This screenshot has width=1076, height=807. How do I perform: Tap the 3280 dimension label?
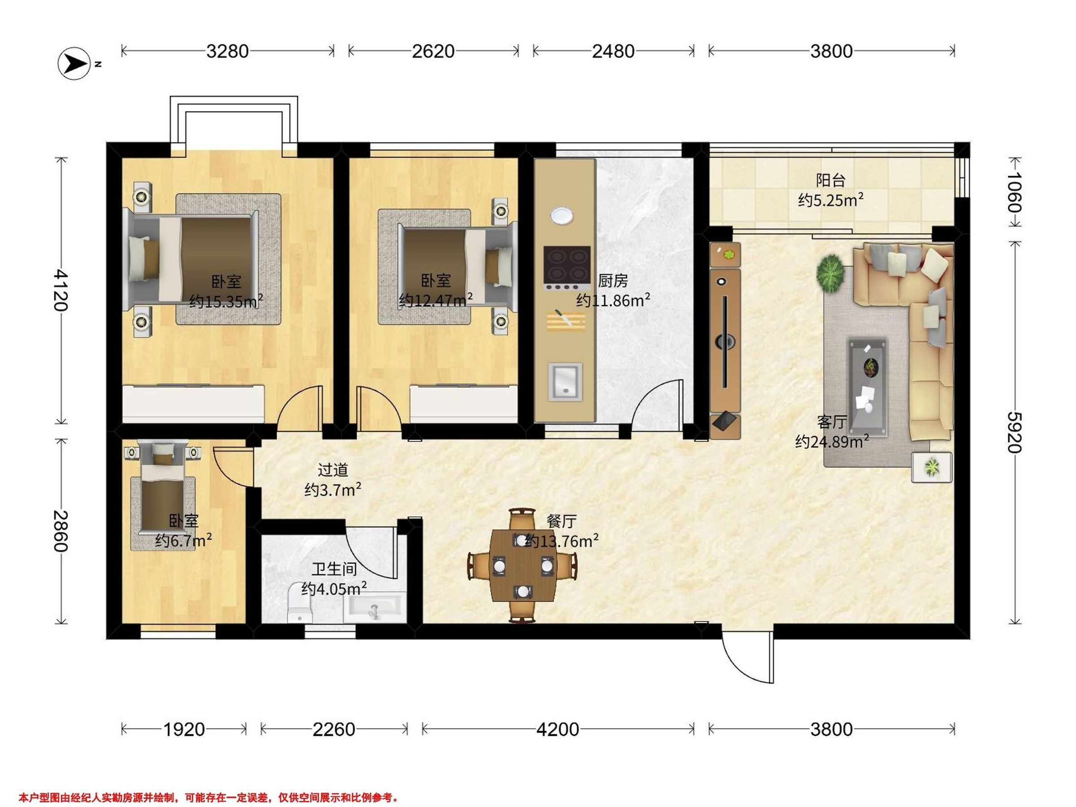[227, 51]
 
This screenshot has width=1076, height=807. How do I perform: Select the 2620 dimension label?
[433, 51]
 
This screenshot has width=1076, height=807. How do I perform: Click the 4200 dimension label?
[557, 729]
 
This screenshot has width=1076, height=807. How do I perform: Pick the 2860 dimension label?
[61, 531]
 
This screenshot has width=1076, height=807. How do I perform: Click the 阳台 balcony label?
[830, 181]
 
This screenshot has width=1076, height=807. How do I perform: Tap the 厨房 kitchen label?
[612, 281]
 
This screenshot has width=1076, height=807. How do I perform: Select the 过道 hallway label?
[333, 470]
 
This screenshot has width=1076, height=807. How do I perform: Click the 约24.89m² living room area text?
[832, 442]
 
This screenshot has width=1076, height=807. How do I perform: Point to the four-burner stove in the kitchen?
[567, 269]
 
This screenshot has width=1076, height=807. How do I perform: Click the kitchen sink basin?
[565, 382]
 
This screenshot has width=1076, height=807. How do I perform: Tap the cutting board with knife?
[566, 320]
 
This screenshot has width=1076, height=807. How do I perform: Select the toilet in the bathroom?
[299, 603]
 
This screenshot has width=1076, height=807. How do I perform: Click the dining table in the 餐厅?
[522, 566]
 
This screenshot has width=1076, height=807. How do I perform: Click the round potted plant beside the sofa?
[830, 274]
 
